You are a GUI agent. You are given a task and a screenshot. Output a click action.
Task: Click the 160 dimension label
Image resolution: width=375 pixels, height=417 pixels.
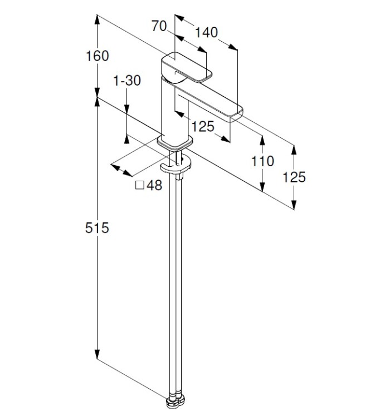click(x=97, y=56)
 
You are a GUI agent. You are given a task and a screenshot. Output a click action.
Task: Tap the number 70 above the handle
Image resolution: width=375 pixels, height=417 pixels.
click(x=160, y=26)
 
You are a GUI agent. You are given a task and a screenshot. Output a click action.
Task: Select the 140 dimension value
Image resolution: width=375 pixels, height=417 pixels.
click(x=206, y=32)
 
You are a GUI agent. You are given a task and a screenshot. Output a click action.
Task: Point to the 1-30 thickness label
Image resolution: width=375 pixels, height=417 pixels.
click(x=127, y=81)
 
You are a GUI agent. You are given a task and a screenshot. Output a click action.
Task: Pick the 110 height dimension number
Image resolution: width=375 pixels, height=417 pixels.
click(x=262, y=161)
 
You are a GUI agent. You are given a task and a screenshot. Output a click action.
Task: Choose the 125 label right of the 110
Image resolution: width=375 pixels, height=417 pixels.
click(x=294, y=177)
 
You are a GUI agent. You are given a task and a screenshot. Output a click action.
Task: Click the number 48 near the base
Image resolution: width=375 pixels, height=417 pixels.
click(x=154, y=186)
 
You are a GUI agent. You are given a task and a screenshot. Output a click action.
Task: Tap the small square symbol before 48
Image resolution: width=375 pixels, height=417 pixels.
click(x=140, y=185)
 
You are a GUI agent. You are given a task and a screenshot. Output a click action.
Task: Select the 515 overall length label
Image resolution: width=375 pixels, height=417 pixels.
click(x=97, y=227)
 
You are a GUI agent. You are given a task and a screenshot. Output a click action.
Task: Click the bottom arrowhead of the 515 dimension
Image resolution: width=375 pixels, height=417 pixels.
click(x=97, y=356)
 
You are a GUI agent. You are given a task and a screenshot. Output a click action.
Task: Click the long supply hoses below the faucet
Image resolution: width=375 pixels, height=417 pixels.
click(x=176, y=278)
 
